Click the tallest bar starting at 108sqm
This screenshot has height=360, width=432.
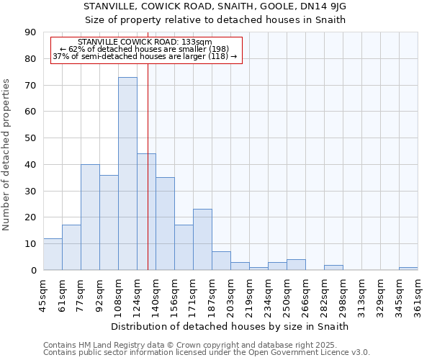pos(127,174)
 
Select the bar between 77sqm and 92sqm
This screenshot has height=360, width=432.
pos(90,217)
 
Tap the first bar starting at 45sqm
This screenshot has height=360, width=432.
pos(53,254)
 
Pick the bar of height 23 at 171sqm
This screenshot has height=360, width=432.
pos(202,239)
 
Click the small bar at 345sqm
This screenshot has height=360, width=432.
pos(408,269)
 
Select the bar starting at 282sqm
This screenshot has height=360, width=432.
pos(333,267)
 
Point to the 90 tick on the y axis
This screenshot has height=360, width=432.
pos(31,32)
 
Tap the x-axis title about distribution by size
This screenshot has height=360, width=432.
pos(230,326)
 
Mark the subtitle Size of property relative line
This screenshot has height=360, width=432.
pos(215,19)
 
